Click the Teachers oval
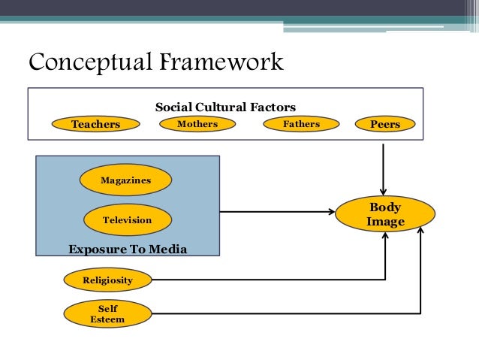click(95, 124)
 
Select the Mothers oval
click(197, 124)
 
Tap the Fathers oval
click(301, 124)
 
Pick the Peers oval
click(385, 124)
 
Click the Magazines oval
click(127, 180)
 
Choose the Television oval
click(127, 220)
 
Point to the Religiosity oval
click(107, 280)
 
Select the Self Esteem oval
click(107, 314)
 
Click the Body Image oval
click(385, 214)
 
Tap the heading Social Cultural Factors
click(225, 107)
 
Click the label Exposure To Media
click(127, 249)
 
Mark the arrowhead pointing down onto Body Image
click(384, 191)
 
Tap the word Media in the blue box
click(165, 249)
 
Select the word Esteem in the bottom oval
click(107, 319)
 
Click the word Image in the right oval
click(385, 222)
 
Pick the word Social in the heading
click(173, 107)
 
